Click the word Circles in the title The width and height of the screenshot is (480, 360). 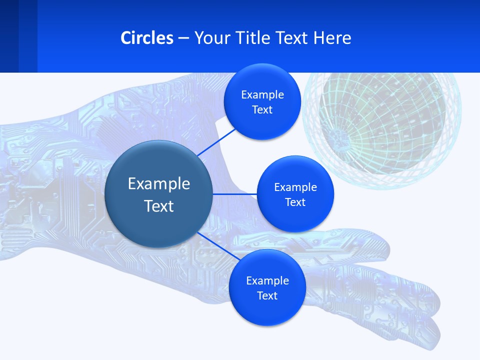coord(147,38)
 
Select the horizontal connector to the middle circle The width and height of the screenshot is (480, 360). coord(235,194)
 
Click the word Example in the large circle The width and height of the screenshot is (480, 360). coord(159,184)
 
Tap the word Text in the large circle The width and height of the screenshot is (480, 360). coord(159,206)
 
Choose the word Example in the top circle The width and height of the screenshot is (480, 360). coord(262,95)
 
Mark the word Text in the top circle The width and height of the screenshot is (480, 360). coord(262,110)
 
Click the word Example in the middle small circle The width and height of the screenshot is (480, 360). coord(295,187)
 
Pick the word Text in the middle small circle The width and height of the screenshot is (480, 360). coord(295,202)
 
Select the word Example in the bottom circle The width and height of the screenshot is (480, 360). coord(267,281)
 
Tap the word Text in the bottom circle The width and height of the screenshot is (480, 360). coord(267,296)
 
